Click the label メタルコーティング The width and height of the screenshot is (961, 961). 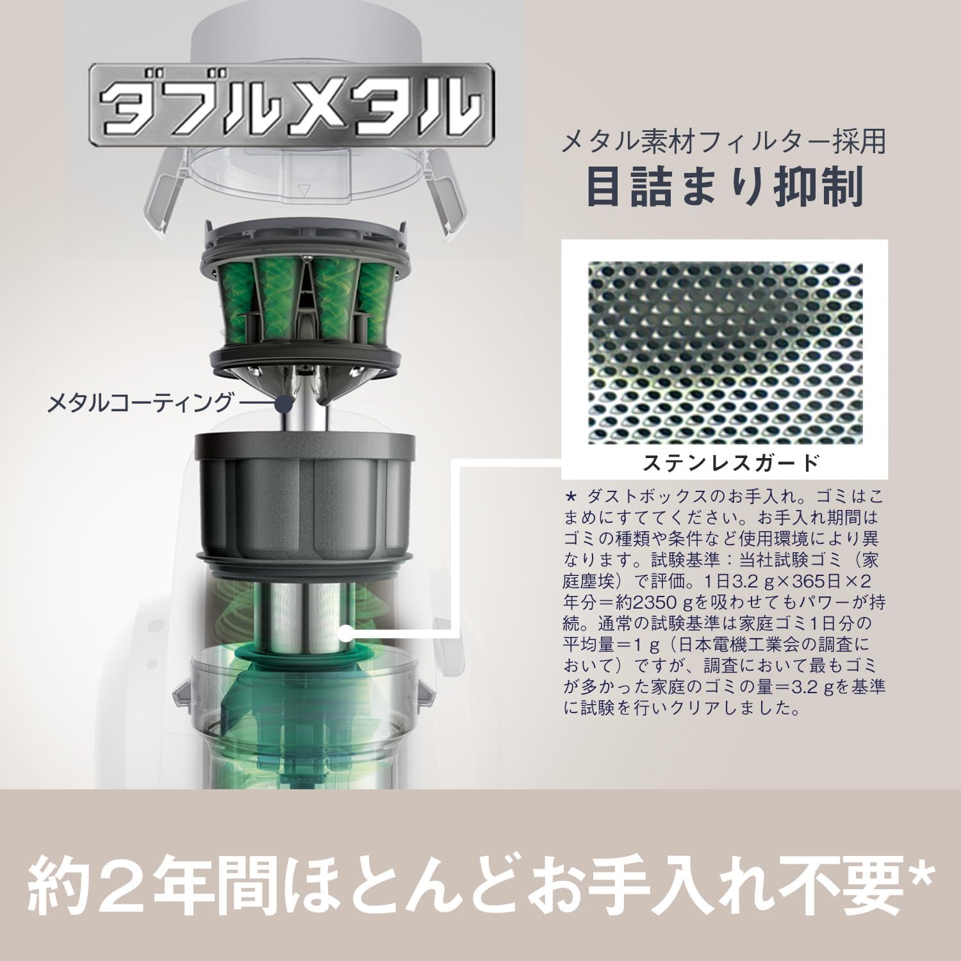point(140,403)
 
